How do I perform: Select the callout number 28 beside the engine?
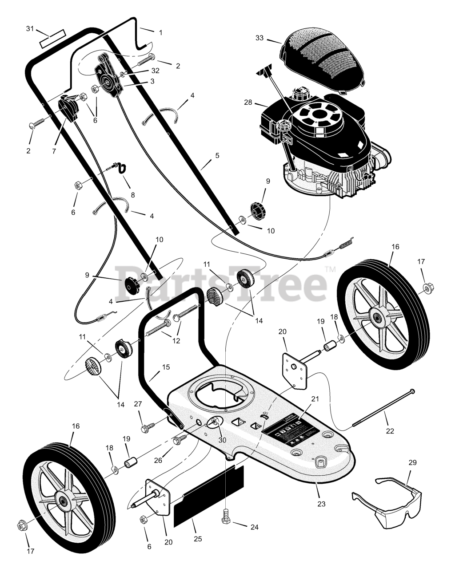click(248, 103)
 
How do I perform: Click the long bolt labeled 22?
click(384, 409)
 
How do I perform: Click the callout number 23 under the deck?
click(321, 504)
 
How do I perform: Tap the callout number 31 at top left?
click(30, 28)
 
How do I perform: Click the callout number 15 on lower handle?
click(166, 367)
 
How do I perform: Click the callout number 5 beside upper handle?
click(217, 155)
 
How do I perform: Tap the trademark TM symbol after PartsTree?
click(330, 269)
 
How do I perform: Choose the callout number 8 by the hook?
click(132, 194)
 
